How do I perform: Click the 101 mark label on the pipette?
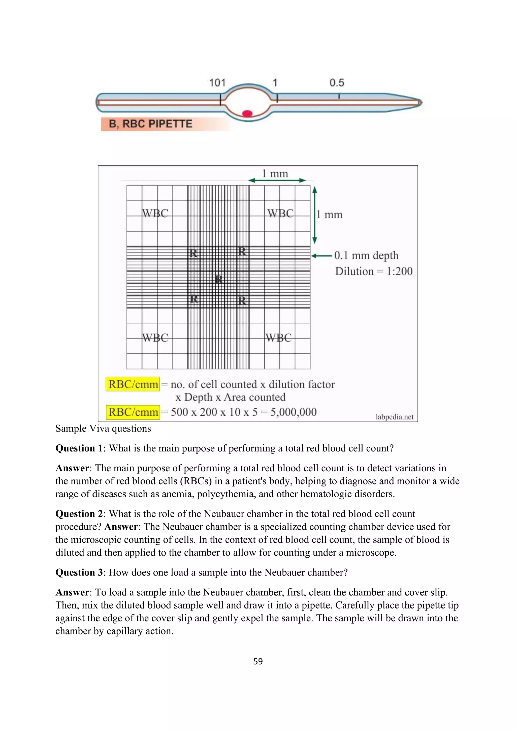217,83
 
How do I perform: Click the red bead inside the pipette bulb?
247,113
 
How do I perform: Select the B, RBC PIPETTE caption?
151,124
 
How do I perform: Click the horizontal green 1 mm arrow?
277,180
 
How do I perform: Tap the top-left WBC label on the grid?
155,213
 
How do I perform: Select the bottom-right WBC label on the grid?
278,338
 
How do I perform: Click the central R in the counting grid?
219,280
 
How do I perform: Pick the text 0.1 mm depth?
366,255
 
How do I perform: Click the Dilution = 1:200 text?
374,271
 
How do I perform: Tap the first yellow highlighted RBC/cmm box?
133,384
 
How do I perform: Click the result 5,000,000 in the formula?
293,412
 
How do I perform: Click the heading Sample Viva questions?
103,429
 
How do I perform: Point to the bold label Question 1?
79,448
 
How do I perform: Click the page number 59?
258,661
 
